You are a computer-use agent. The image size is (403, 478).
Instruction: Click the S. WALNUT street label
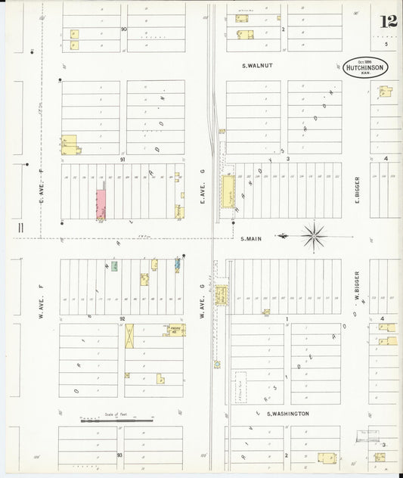point(257,66)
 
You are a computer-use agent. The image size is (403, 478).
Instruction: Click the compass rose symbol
point(313,236)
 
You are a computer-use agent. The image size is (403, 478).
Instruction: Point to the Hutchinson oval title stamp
point(365,68)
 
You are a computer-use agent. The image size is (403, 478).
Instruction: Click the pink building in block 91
point(101,203)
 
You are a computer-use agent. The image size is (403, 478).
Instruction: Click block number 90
point(123,29)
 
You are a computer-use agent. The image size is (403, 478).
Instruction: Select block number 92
point(122,319)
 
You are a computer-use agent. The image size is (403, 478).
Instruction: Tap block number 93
point(119,455)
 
